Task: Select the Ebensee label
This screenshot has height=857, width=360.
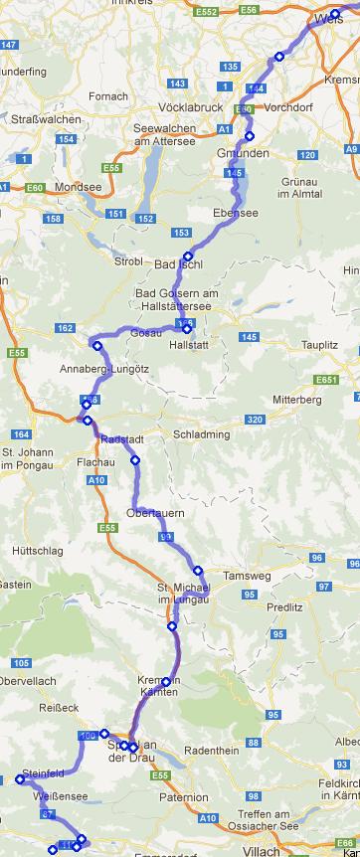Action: [x=236, y=212]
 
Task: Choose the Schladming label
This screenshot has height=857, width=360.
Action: [x=201, y=434]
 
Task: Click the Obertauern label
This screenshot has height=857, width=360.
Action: [x=157, y=513]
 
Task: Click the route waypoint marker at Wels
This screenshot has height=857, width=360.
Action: [x=335, y=14]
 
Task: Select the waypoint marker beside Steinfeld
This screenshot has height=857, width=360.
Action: [x=20, y=779]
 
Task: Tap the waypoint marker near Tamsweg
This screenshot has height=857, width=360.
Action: [x=198, y=570]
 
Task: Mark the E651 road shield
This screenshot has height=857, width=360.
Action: [x=326, y=380]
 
